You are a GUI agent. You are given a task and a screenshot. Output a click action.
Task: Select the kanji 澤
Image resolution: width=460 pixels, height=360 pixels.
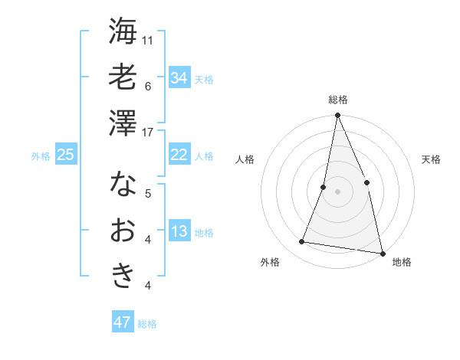(x=123, y=123)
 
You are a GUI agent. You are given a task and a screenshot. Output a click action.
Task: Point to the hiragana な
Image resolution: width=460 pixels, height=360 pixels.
(x=123, y=184)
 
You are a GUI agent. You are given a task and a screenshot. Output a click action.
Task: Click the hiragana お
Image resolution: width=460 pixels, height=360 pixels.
(x=123, y=230)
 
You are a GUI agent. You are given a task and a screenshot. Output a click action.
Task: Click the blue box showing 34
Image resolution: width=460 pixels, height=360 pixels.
(x=179, y=78)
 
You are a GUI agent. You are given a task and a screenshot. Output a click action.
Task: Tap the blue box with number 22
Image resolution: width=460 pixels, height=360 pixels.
(x=179, y=155)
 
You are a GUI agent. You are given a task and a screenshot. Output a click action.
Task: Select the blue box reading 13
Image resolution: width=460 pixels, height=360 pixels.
(x=179, y=232)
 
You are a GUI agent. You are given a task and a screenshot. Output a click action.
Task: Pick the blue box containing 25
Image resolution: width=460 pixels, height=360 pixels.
(x=65, y=155)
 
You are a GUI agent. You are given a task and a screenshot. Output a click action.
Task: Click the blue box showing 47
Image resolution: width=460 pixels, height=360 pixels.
(x=122, y=322)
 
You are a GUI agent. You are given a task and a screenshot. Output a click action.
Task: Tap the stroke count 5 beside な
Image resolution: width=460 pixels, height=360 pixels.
(x=148, y=193)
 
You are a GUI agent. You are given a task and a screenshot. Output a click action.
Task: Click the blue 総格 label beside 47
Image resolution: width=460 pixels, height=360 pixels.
(x=147, y=324)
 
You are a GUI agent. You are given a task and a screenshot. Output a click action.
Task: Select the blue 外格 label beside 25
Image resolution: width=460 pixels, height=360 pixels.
(x=41, y=156)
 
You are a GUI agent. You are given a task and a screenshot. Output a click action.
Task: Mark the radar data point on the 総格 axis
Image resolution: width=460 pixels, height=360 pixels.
(x=337, y=116)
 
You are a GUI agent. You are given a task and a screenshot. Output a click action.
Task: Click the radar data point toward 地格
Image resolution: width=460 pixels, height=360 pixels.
(x=382, y=253)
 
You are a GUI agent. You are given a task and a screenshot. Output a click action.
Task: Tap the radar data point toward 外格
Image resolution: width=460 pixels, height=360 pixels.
(x=302, y=242)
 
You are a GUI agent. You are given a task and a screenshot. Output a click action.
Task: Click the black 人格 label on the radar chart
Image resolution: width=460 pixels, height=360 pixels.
(x=245, y=159)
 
